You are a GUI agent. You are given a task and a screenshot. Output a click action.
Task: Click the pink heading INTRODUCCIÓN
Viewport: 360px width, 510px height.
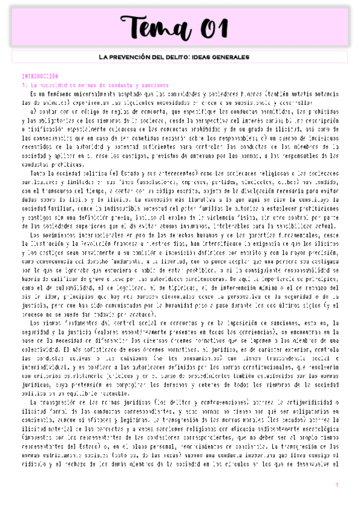click(40, 77)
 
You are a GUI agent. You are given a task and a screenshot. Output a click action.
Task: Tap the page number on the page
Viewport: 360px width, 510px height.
click(337, 485)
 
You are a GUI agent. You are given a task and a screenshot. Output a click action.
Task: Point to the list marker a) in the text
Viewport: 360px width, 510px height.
click(34, 111)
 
